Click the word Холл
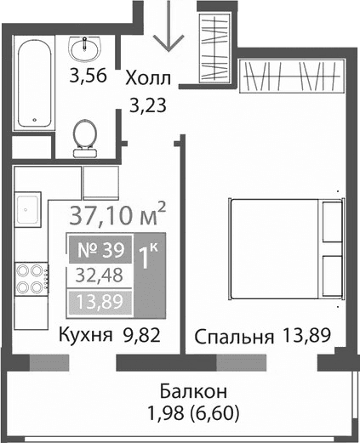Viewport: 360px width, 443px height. (x=148, y=79)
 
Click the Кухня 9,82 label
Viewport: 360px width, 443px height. (x=97, y=335)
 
